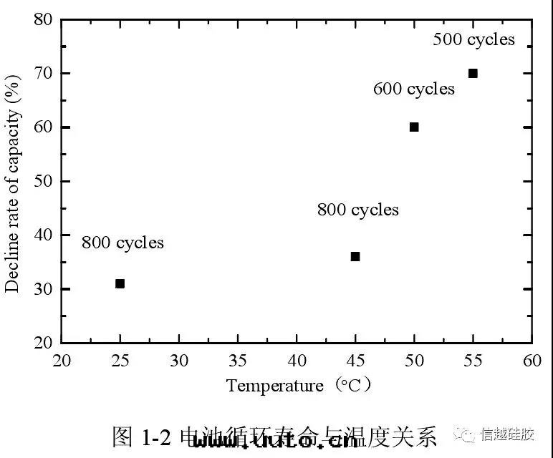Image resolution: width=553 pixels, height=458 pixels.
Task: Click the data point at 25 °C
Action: coord(120,283)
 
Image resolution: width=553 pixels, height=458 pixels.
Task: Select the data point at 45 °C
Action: coord(355,256)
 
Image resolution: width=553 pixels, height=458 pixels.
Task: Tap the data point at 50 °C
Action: coord(414,127)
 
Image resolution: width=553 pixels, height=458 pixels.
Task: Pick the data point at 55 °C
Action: coord(473,73)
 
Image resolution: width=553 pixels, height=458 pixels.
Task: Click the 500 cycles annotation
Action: coord(473,39)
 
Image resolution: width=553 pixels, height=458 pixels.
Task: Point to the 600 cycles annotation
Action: coord(414,89)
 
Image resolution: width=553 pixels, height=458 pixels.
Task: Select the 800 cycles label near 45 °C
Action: coord(358,210)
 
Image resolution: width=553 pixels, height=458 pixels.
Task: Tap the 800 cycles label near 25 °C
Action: coord(122,243)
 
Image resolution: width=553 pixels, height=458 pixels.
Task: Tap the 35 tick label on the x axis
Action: coord(238,359)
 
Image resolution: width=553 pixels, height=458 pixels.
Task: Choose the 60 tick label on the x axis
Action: coord(532,359)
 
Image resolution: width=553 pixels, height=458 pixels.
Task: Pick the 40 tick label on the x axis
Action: coord(297,359)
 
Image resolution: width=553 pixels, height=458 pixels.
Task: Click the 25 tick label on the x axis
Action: coord(120,359)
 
